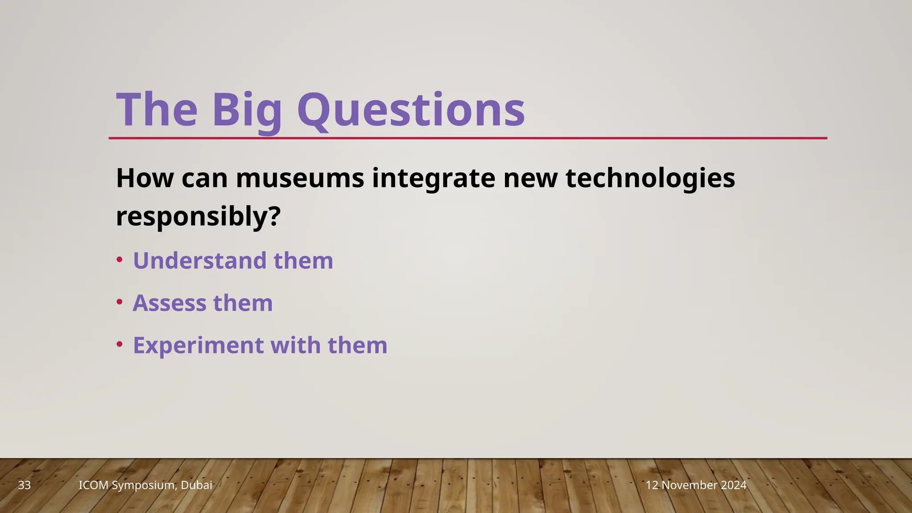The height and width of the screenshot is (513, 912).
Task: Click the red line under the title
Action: [x=468, y=138]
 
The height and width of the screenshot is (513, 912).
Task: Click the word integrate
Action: [x=433, y=178]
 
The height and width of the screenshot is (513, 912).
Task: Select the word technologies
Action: [x=650, y=178]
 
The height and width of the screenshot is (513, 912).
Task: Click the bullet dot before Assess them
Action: [x=119, y=302]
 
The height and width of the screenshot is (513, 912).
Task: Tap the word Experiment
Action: [x=198, y=346]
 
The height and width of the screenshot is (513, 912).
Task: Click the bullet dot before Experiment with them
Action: [x=119, y=344]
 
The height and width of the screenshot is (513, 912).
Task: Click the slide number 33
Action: [x=24, y=485]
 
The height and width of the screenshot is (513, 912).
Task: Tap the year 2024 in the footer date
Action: [x=732, y=485]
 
